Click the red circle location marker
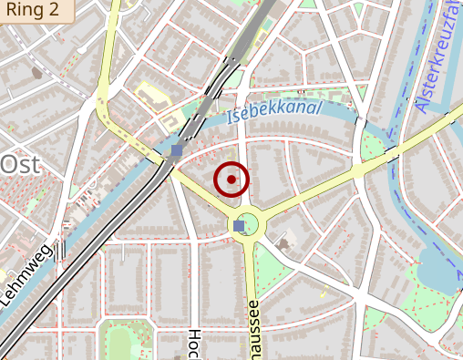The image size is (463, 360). (231, 180)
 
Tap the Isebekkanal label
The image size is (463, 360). (274, 110)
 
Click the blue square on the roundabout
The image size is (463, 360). (239, 225)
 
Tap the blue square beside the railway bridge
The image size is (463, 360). (176, 151)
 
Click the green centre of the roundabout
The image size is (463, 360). (250, 225)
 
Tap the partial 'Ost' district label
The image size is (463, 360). (21, 165)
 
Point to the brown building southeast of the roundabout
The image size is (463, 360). (285, 242)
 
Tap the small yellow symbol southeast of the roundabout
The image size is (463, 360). (323, 293)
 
